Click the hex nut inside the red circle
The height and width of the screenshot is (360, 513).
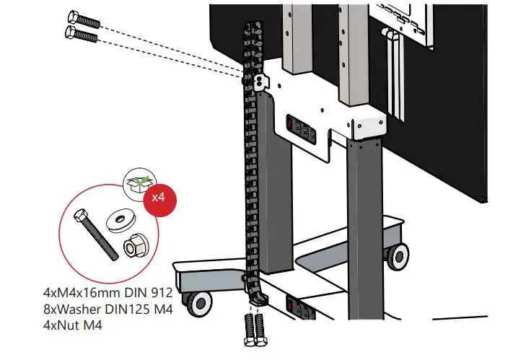[132, 247]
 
